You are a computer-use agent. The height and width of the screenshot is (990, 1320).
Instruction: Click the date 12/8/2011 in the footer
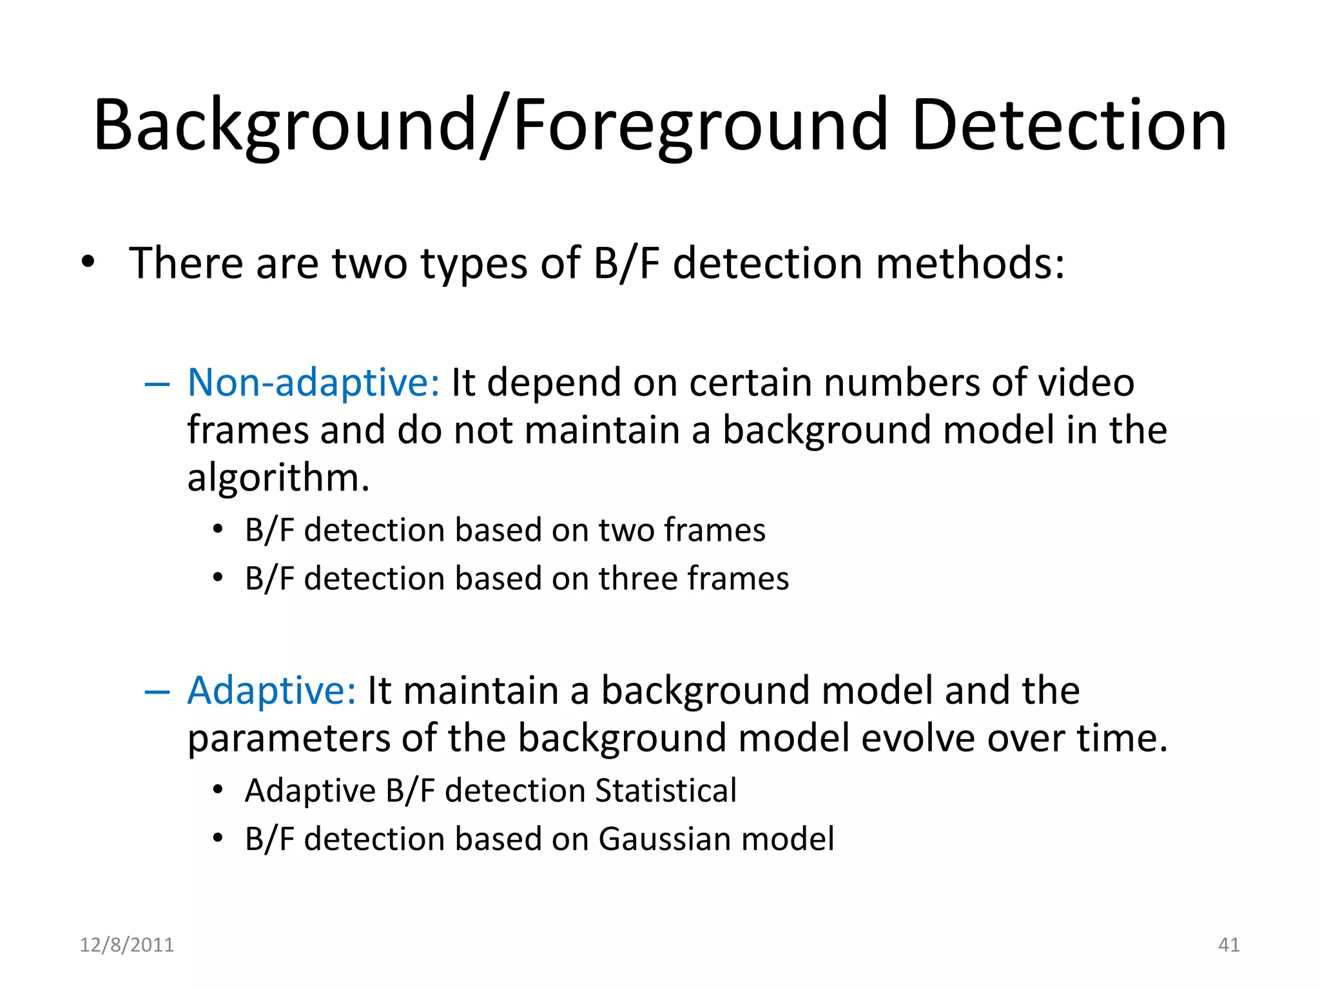[126, 945]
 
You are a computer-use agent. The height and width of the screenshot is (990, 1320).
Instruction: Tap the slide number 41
[1228, 945]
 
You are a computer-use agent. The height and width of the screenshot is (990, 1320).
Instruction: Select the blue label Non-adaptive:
[313, 382]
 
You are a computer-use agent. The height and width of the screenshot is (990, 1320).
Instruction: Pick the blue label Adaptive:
[271, 690]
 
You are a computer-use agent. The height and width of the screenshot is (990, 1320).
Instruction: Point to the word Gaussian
[663, 839]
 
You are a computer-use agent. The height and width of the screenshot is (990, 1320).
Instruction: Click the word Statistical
[665, 791]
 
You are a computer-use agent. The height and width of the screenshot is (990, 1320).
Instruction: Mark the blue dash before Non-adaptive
[157, 385]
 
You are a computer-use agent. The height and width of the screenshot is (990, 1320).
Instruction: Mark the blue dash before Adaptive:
[157, 693]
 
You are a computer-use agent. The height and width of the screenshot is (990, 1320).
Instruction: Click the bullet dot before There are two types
[88, 262]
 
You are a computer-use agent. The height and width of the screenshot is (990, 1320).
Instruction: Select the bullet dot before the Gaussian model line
[218, 838]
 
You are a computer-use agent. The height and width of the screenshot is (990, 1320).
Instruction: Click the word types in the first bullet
[474, 264]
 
